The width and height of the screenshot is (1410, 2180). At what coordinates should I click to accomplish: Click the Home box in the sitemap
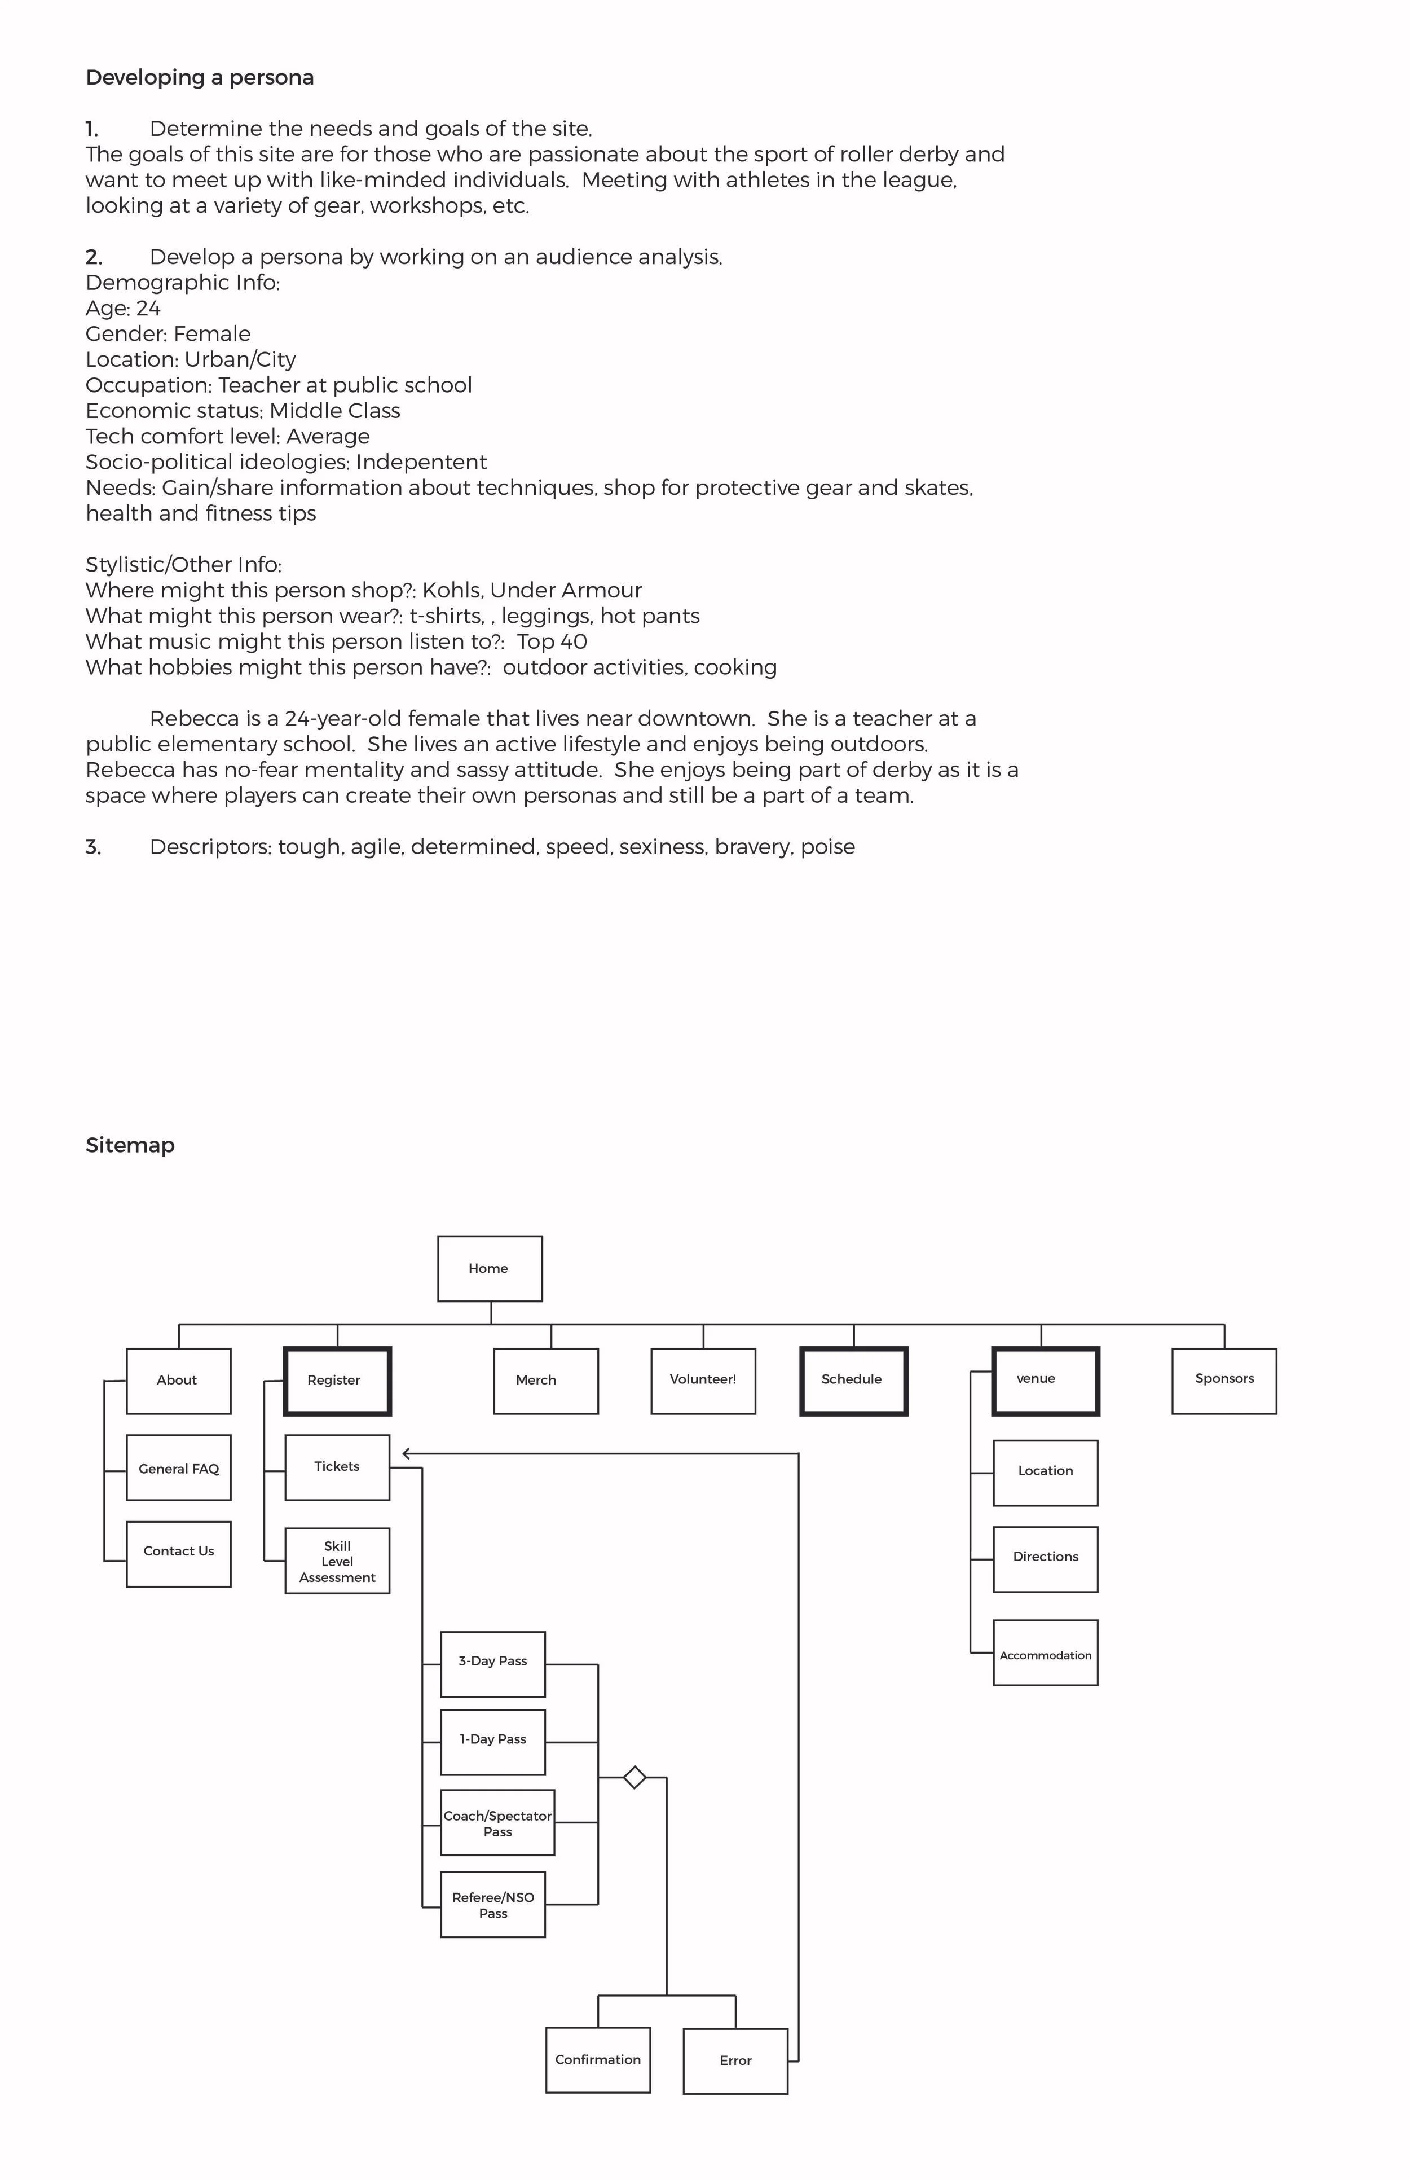[x=490, y=1269]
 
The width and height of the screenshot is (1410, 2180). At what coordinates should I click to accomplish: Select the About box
[x=179, y=1381]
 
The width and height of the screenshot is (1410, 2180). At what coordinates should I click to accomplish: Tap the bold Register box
[x=337, y=1381]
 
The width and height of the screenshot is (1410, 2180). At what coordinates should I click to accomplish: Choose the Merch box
[x=546, y=1381]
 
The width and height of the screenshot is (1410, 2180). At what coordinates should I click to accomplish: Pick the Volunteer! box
[x=703, y=1381]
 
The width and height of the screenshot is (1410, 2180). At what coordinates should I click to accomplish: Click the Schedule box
[x=853, y=1381]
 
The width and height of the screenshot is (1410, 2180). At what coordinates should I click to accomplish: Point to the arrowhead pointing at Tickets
[x=407, y=1454]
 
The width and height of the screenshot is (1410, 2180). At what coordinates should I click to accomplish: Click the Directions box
[x=1046, y=1559]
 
